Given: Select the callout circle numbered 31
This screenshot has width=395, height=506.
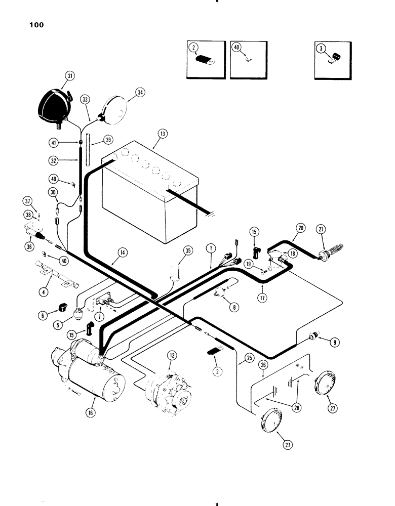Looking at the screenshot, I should tap(69, 76).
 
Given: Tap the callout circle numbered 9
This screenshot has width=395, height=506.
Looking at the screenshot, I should tap(335, 342).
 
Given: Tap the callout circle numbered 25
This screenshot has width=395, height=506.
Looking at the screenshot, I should tap(249, 358).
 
